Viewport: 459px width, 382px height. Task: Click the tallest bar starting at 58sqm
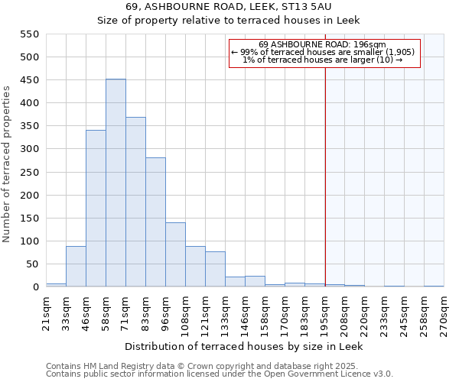116,183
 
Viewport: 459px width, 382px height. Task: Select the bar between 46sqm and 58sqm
96,209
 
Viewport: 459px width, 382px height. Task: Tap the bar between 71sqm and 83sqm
135,202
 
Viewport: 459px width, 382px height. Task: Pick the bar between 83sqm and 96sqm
155,222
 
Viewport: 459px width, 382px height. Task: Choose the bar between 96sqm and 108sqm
175,255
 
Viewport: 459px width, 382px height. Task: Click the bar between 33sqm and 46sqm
76,267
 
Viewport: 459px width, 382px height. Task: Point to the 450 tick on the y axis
29,80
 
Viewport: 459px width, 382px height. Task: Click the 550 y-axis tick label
29,34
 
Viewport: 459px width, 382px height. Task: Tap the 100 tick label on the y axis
29,241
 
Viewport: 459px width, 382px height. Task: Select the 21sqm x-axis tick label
47,311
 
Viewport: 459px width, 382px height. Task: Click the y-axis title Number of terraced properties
8,164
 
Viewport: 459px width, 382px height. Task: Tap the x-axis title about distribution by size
245,346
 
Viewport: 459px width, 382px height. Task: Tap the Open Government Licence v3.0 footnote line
220,374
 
